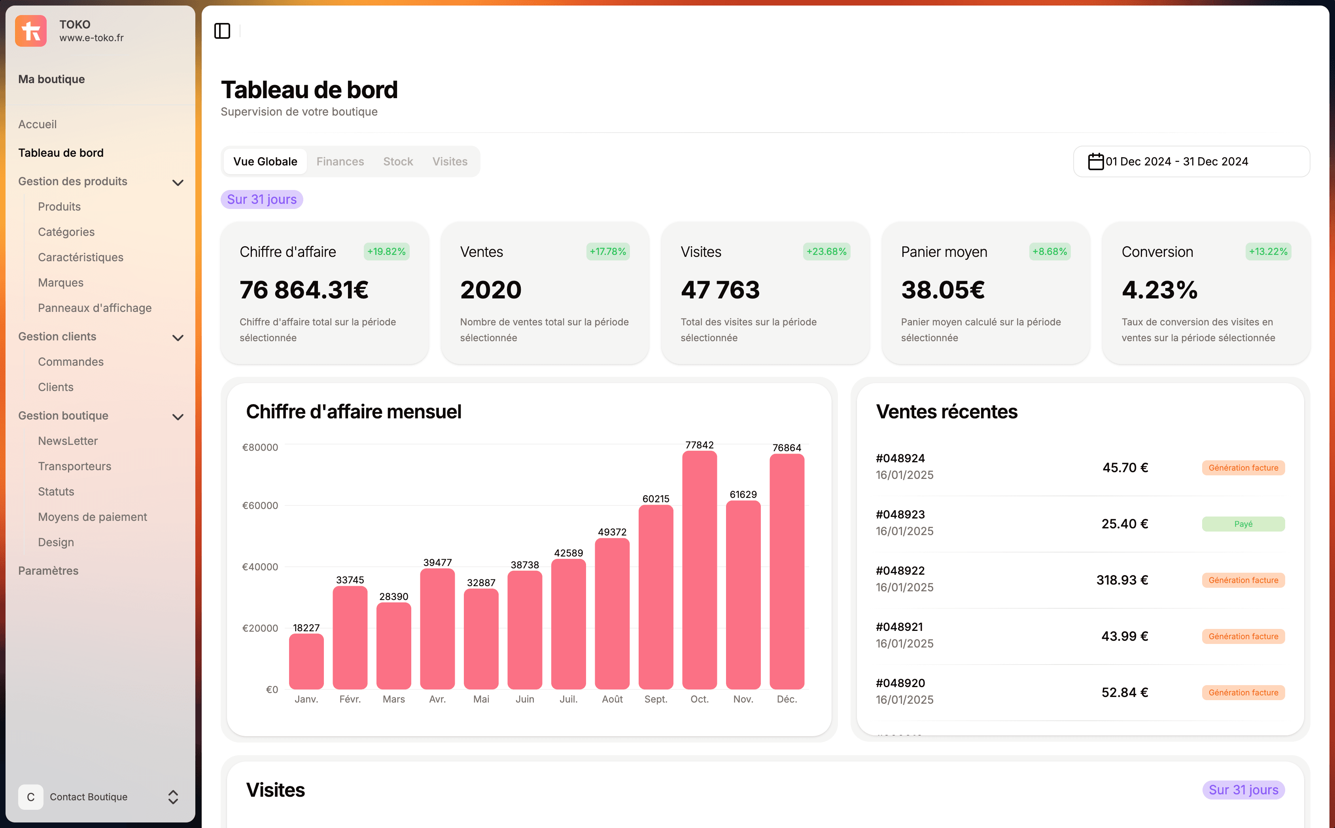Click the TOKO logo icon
(30, 30)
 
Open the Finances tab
(340, 161)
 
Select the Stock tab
(398, 161)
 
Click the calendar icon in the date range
(1095, 161)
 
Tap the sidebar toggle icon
(222, 31)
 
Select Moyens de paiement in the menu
(93, 517)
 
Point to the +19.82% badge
(386, 252)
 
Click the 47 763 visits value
(720, 290)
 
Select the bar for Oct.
(699, 570)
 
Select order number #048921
(900, 627)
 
